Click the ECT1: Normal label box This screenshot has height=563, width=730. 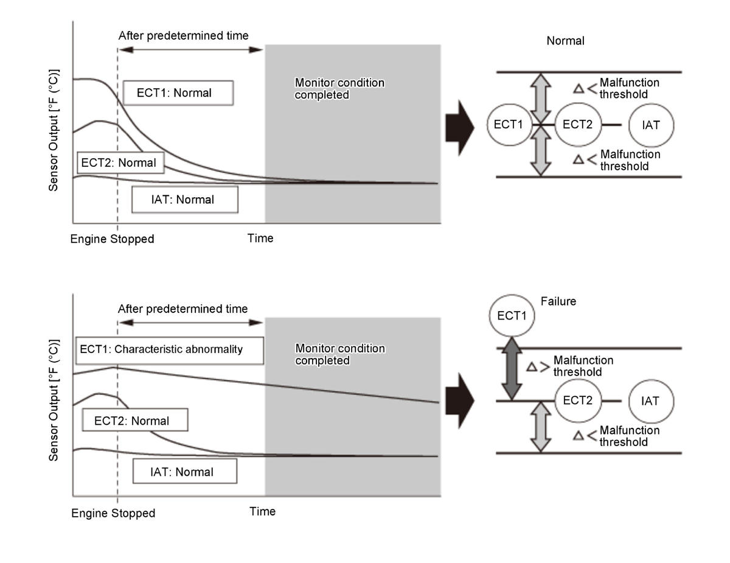[x=178, y=93]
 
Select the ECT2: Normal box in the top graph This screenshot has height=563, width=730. [x=119, y=163]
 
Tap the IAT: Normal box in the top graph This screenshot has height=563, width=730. [x=184, y=199]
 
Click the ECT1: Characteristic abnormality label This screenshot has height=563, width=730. [x=169, y=350]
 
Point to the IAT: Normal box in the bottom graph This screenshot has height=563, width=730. [x=184, y=472]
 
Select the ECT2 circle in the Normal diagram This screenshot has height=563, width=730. [x=578, y=125]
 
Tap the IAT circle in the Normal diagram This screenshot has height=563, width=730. [x=651, y=125]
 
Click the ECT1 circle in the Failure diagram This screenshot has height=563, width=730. [x=512, y=316]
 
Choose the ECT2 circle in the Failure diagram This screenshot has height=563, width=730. [x=579, y=400]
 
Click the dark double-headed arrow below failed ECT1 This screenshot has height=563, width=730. [x=512, y=369]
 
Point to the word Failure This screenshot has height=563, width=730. [x=558, y=301]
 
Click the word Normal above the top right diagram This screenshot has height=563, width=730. [x=565, y=41]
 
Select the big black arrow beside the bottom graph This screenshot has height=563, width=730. [x=459, y=402]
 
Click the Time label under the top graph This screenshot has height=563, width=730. [x=260, y=238]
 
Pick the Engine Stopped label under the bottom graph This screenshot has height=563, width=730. [x=113, y=513]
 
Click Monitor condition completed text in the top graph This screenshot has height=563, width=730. [x=339, y=89]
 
